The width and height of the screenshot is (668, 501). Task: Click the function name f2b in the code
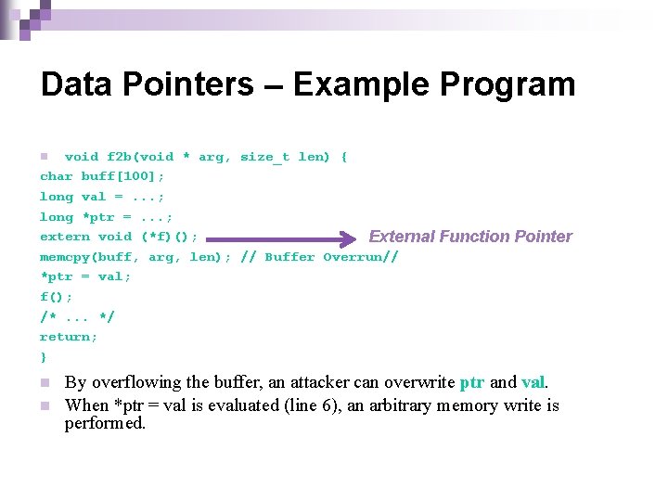[x=119, y=157]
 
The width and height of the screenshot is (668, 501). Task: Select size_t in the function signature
[x=264, y=157]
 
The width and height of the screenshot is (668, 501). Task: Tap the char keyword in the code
[x=56, y=176]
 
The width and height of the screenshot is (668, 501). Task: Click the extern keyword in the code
[x=64, y=237]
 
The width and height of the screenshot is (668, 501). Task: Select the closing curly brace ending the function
[x=43, y=357]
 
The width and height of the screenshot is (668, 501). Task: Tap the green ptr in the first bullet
[x=471, y=382]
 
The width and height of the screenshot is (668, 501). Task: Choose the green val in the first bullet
[x=533, y=382]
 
